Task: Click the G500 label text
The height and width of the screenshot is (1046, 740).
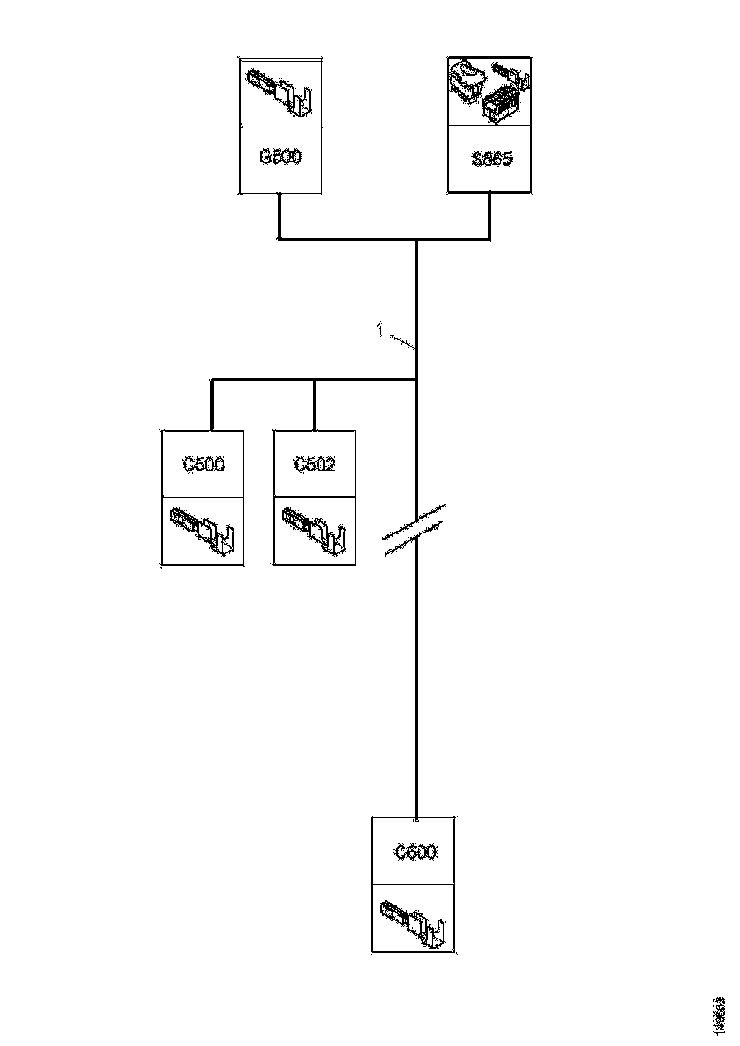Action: click(280, 157)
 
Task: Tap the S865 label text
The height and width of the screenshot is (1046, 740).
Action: click(492, 159)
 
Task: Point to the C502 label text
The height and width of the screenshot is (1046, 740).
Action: click(314, 465)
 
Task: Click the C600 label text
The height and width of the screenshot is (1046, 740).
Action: click(416, 853)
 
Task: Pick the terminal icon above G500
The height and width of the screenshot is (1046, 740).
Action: click(280, 91)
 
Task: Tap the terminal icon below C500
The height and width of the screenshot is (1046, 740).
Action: click(202, 532)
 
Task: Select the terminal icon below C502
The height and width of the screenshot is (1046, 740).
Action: click(314, 532)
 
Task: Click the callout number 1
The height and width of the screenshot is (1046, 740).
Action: click(380, 330)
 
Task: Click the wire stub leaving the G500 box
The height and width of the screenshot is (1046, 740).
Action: click(278, 214)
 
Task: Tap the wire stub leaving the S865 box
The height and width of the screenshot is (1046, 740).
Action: click(489, 214)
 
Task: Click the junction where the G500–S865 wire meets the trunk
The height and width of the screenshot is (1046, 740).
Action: click(416, 238)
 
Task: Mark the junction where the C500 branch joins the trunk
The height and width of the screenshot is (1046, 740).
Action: click(416, 380)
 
